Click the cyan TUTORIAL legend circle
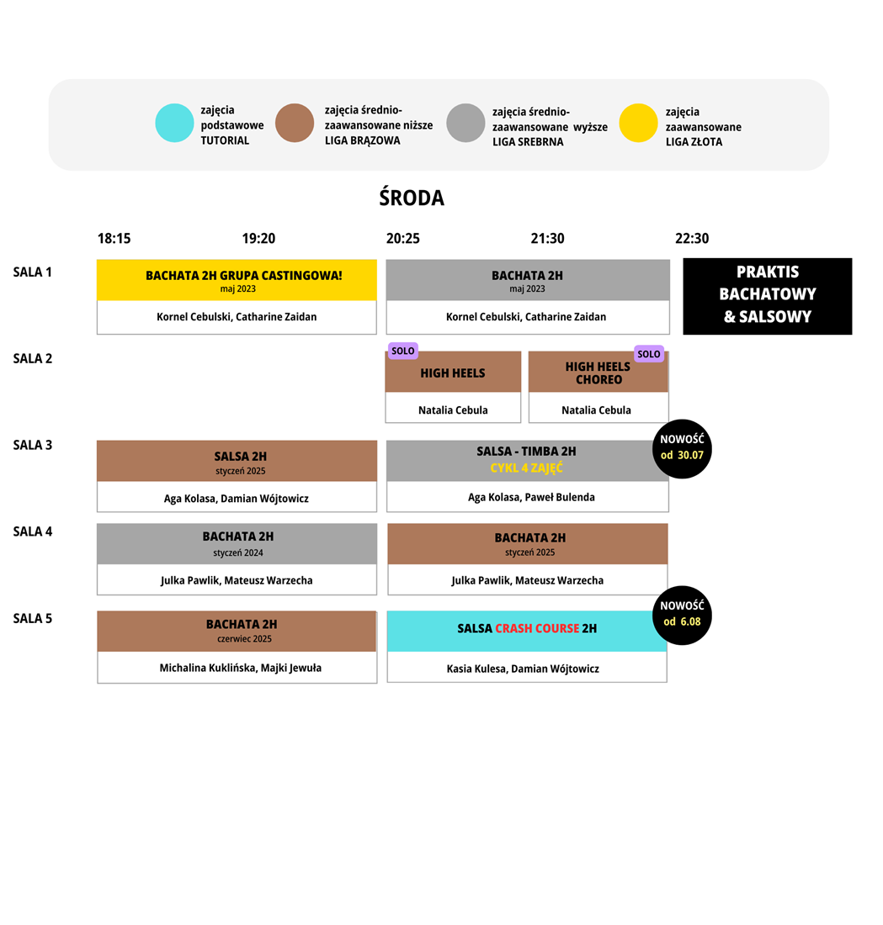(x=174, y=123)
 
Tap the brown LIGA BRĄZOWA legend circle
(x=294, y=123)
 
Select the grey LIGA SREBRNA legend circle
(x=465, y=123)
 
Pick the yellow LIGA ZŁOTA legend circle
(x=638, y=123)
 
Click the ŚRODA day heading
(x=412, y=198)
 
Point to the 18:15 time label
(x=114, y=238)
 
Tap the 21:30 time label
(x=547, y=238)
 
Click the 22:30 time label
(x=692, y=238)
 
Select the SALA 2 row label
(x=33, y=359)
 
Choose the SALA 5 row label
(x=33, y=618)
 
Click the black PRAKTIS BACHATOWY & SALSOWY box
(x=767, y=296)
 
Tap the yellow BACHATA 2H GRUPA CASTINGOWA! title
(x=244, y=276)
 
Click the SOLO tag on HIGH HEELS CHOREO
(x=648, y=354)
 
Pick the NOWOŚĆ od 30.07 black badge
(x=682, y=449)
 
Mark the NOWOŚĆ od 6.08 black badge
(x=682, y=616)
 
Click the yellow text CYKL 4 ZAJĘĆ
(x=526, y=468)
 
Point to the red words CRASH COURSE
(x=538, y=628)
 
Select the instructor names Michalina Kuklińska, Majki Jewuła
(x=241, y=668)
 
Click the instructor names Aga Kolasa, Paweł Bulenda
(x=532, y=497)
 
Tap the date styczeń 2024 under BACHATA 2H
(x=238, y=552)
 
